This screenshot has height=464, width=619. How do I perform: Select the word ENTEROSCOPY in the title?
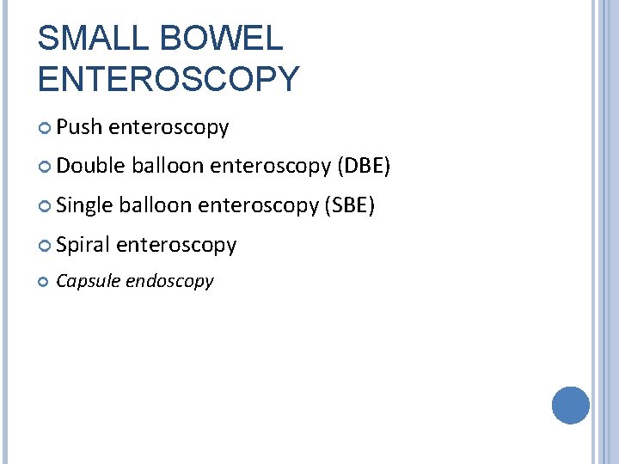pyautogui.click(x=169, y=79)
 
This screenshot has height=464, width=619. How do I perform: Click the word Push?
pyautogui.click(x=80, y=128)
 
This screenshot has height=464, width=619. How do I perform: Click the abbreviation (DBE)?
pyautogui.click(x=365, y=166)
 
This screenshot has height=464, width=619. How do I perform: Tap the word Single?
pyautogui.click(x=86, y=206)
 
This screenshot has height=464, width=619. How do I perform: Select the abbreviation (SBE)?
pyautogui.click(x=348, y=206)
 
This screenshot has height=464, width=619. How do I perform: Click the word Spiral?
pyautogui.click(x=84, y=245)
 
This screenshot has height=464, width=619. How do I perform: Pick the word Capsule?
pyautogui.click(x=88, y=281)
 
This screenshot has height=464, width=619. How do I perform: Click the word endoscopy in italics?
pyautogui.click(x=169, y=282)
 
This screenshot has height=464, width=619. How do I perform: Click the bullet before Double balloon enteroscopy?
pyautogui.click(x=46, y=167)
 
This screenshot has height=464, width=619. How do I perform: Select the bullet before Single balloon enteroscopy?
pyautogui.click(x=46, y=206)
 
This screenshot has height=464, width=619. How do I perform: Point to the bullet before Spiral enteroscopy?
pyautogui.click(x=46, y=246)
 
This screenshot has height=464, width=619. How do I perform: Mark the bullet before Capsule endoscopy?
pyautogui.click(x=45, y=281)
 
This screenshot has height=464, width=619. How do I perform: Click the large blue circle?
pyautogui.click(x=570, y=405)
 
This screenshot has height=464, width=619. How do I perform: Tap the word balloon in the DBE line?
pyautogui.click(x=168, y=166)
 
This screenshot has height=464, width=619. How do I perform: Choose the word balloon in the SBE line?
pyautogui.click(x=156, y=206)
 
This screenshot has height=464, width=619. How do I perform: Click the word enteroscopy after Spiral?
pyautogui.click(x=176, y=245)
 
